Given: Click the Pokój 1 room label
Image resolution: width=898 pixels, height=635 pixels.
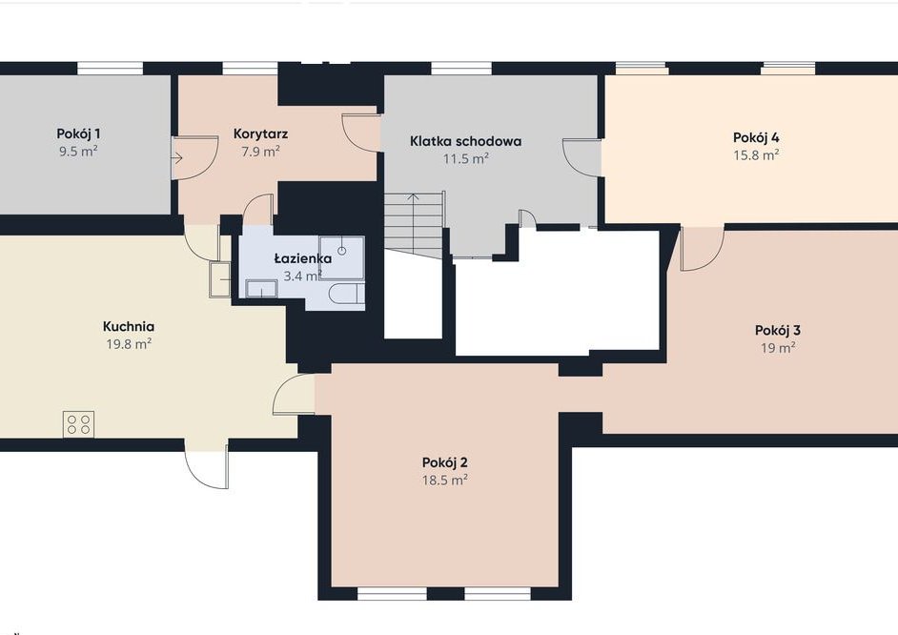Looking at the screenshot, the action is (x=78, y=134).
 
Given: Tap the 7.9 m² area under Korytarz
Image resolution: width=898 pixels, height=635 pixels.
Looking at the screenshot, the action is (x=260, y=152).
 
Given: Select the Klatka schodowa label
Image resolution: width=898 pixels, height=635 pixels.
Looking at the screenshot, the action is (x=465, y=141).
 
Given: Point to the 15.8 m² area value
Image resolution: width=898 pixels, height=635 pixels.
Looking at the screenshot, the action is (x=756, y=154).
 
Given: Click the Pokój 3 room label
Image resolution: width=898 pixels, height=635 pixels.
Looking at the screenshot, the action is (x=778, y=331).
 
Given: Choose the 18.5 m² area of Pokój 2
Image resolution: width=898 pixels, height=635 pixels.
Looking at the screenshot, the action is (x=445, y=480).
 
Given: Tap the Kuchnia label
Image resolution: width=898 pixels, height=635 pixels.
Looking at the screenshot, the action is (x=129, y=326).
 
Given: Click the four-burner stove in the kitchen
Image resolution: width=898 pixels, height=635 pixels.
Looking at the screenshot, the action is (x=78, y=424).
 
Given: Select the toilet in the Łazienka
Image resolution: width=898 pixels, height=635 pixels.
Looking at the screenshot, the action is (x=346, y=294).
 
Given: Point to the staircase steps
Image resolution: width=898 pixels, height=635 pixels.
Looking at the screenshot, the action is (x=414, y=221).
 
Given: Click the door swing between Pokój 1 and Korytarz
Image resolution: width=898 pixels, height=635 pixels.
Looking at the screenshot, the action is (x=194, y=158).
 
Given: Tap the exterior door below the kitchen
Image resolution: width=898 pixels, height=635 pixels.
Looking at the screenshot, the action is (x=206, y=465).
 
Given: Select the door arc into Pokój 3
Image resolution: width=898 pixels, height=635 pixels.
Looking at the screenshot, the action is (x=703, y=249).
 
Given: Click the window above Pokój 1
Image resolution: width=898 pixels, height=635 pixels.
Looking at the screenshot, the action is (x=110, y=68).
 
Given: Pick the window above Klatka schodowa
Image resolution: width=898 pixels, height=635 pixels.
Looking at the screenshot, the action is (x=461, y=68).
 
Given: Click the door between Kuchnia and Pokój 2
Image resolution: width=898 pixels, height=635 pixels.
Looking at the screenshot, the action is (x=294, y=394).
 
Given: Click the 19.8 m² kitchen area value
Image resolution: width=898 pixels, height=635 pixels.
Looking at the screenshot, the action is (x=129, y=343).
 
